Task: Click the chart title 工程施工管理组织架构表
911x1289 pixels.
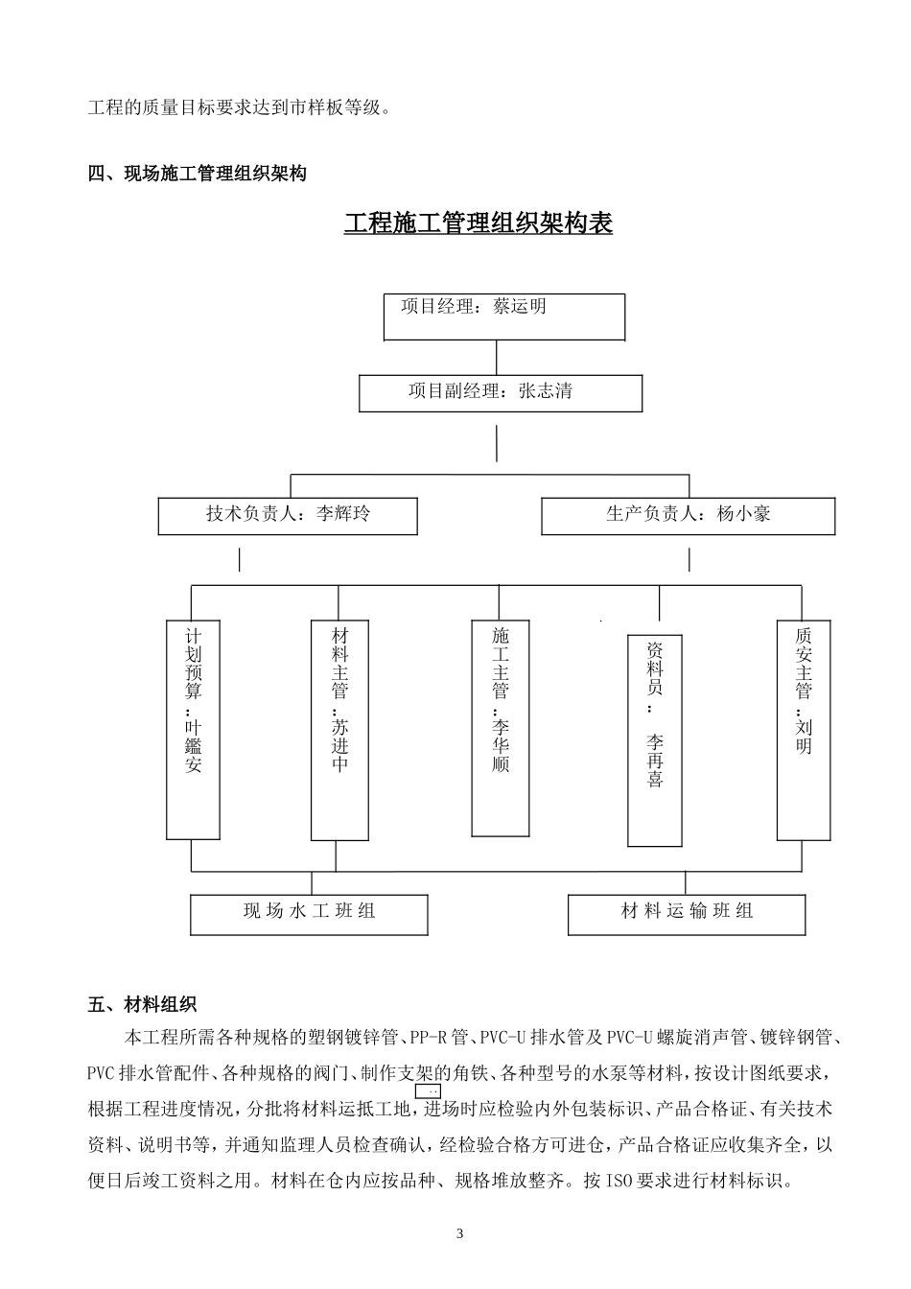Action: click(478, 223)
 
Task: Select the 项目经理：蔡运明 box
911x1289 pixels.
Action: click(503, 317)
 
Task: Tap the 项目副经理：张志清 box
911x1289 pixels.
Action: click(500, 393)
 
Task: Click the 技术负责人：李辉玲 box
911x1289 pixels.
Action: click(288, 515)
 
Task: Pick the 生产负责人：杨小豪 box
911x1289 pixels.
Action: click(688, 515)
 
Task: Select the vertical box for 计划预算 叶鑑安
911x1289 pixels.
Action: click(193, 729)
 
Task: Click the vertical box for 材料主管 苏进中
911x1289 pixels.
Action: click(339, 729)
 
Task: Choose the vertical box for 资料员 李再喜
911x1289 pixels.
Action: click(655, 739)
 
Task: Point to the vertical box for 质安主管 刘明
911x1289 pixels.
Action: click(803, 729)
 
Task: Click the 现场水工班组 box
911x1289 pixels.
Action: click(309, 914)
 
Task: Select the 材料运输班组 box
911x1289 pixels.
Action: click(687, 914)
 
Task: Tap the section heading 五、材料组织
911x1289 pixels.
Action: click(142, 1004)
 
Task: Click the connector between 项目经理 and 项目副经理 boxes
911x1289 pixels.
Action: click(496, 357)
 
